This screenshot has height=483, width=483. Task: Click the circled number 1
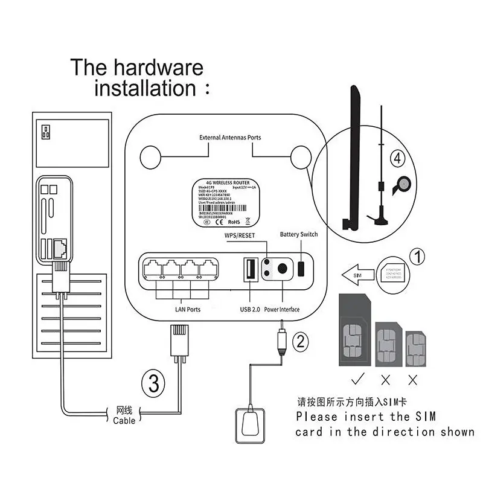click(418, 257)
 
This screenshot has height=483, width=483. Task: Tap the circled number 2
click(300, 342)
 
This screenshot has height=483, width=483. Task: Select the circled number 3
click(153, 383)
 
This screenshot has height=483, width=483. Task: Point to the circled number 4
click(397, 159)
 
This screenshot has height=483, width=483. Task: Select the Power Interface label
click(281, 310)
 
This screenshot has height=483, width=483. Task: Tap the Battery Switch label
click(298, 234)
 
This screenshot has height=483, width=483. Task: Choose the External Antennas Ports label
click(230, 138)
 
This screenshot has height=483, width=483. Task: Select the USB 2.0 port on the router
click(249, 270)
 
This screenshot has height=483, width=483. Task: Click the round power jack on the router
click(280, 270)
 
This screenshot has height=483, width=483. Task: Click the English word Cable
click(124, 420)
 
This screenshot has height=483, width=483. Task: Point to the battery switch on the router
click(302, 268)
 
